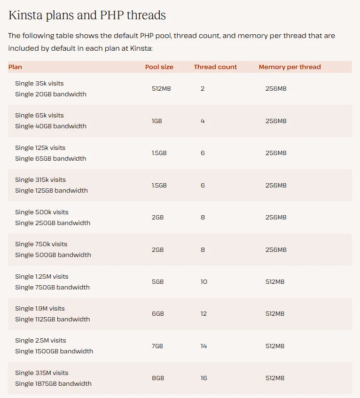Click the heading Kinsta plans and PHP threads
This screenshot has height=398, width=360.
(87, 15)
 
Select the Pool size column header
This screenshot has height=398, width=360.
(159, 67)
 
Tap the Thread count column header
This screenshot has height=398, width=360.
(215, 67)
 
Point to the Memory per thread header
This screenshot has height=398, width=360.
(290, 67)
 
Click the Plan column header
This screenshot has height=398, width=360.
(15, 67)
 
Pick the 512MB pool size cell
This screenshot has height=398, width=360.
(161, 88)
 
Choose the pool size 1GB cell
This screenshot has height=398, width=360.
(157, 121)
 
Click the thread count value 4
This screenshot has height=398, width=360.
(203, 121)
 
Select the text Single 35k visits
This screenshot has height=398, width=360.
(39, 83)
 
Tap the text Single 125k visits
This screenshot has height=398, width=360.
(40, 148)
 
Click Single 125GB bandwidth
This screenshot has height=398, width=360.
(51, 190)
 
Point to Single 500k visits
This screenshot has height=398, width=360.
(41, 212)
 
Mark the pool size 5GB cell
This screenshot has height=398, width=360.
(157, 281)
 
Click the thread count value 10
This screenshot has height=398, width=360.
(203, 281)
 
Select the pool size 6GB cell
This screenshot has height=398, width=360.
(157, 313)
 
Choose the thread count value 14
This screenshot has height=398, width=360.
(203, 346)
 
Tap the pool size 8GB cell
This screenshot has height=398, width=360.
(157, 378)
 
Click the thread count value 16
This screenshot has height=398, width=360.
(203, 378)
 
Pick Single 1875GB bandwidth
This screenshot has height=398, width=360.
(53, 383)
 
